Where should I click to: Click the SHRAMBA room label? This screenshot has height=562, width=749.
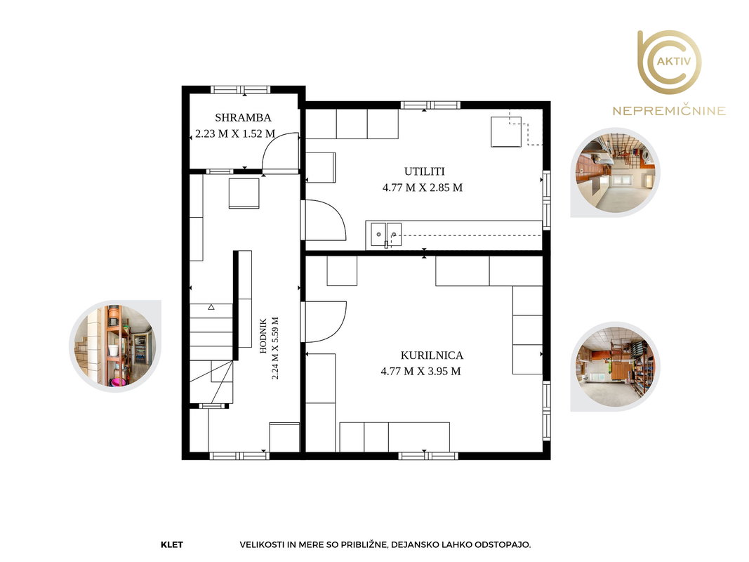pos(243,117)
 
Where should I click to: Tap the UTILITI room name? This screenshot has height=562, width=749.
pos(424,171)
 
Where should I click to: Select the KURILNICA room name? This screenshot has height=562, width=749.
pos(431,355)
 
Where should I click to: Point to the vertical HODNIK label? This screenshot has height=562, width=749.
pos(263,336)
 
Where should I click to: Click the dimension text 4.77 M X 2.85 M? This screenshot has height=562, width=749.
pos(423,188)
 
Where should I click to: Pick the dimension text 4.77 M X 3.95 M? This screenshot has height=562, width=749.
pos(420,372)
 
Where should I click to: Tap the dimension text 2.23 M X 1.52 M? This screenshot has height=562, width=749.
pos(235,133)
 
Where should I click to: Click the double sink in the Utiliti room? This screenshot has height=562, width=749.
pos(387,235)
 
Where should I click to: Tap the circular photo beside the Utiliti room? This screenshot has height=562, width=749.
pos(616,173)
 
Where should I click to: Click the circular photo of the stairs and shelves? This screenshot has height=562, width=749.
pos(114,346)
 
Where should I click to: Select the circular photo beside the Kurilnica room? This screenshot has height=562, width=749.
pos(616,367)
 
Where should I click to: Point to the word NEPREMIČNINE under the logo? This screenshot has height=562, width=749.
pos(669,111)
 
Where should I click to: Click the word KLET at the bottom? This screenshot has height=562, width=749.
pos(172,544)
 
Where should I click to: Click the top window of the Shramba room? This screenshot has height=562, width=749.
pos(241,89)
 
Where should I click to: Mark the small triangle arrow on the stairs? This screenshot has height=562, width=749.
pos(211,307)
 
